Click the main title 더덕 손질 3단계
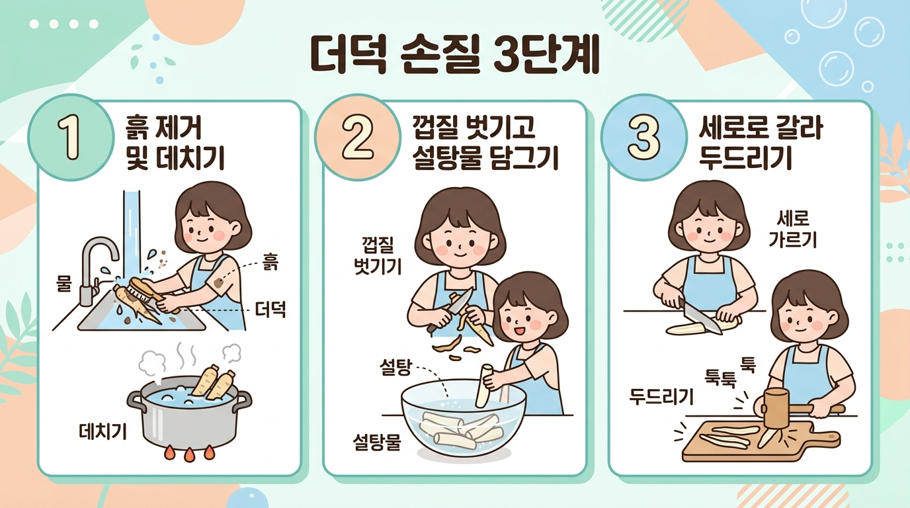455,56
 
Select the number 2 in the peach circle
358,138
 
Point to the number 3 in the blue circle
643,138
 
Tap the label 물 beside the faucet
63,283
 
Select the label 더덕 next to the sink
270,310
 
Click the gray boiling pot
189,415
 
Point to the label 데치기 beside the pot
103,431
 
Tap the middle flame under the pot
189,454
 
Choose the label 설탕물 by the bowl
377,442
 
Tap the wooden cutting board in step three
761,441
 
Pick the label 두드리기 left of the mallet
661,396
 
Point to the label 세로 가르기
792,229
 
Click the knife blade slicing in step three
702,318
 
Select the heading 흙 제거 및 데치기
175,143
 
